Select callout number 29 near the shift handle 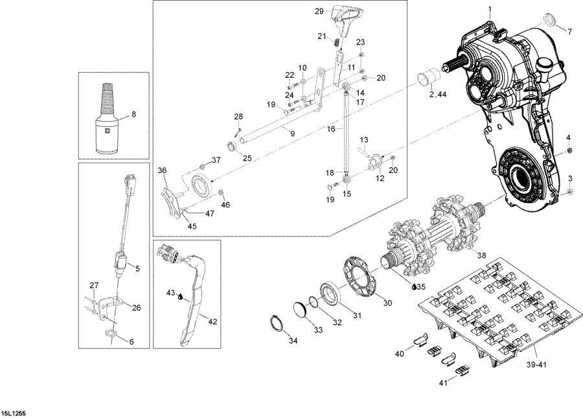tap(319, 11)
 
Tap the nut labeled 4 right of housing tap(568, 151)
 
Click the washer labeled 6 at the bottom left tap(110, 334)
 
